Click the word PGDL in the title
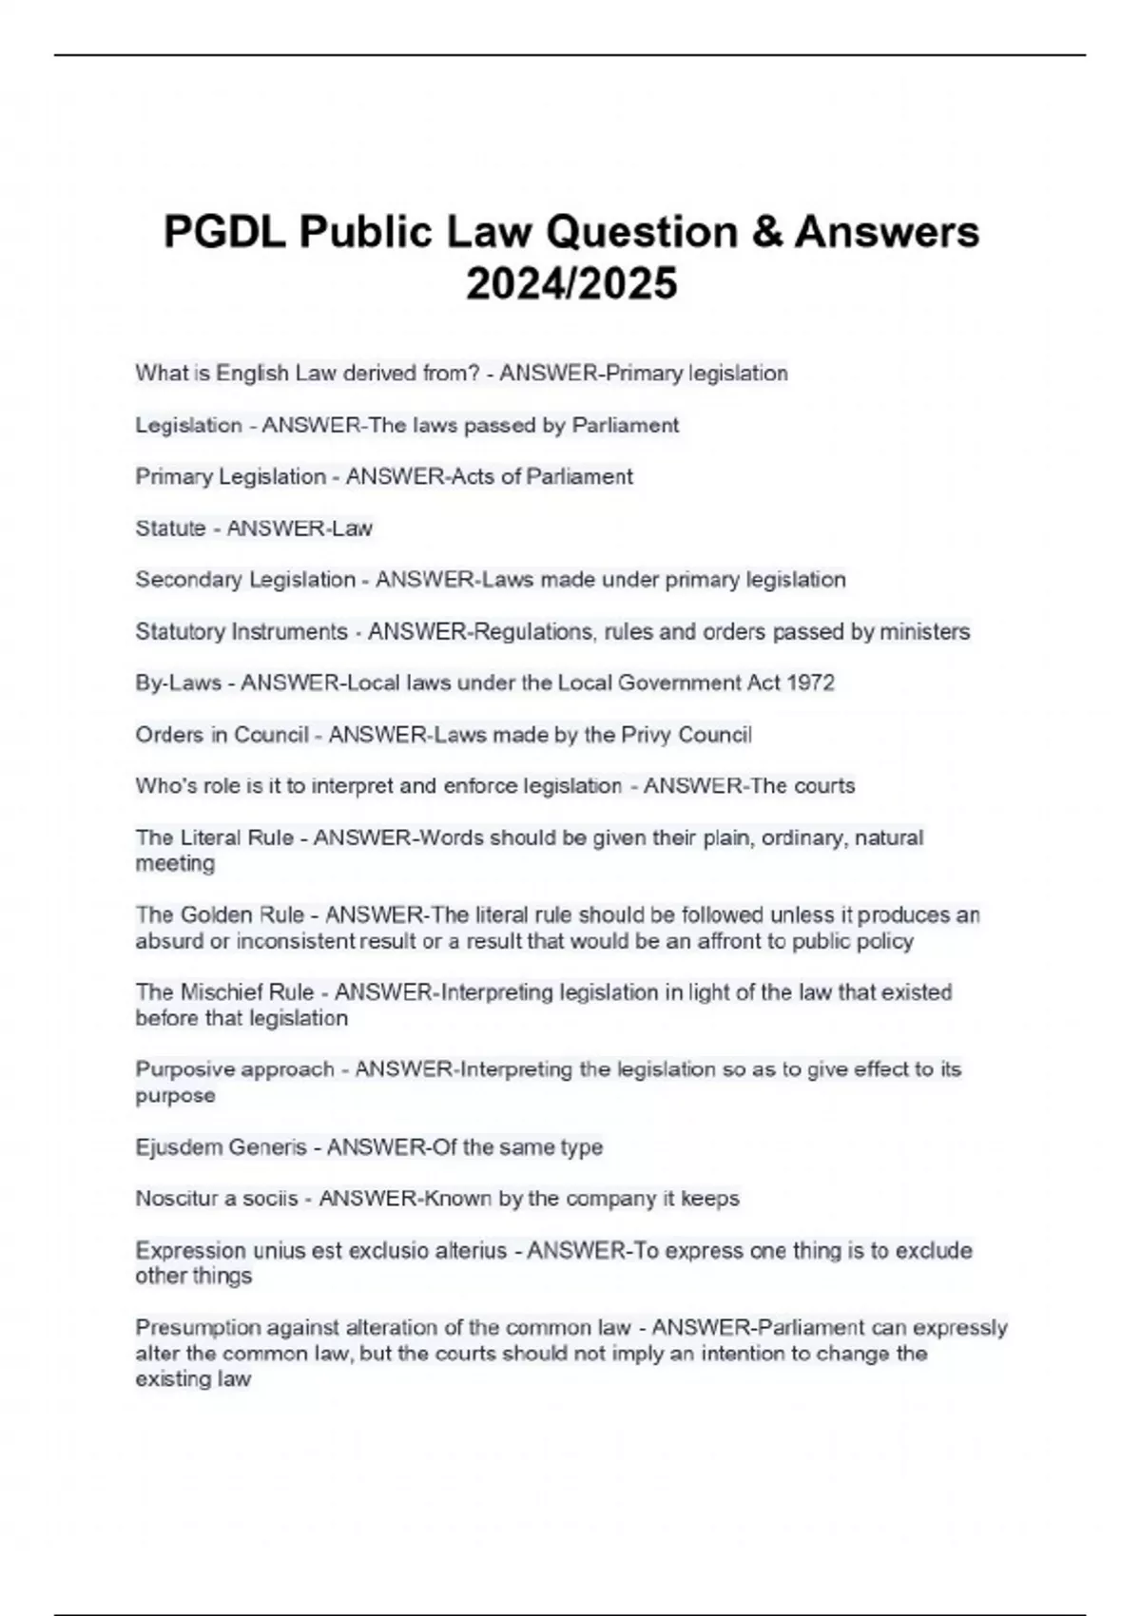(224, 233)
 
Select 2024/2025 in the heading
(571, 283)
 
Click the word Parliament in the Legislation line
(625, 425)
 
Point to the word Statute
(170, 529)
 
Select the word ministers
(924, 631)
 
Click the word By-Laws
(178, 683)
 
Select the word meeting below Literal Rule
(175, 863)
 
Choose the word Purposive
(186, 1069)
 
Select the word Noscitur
(175, 1199)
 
